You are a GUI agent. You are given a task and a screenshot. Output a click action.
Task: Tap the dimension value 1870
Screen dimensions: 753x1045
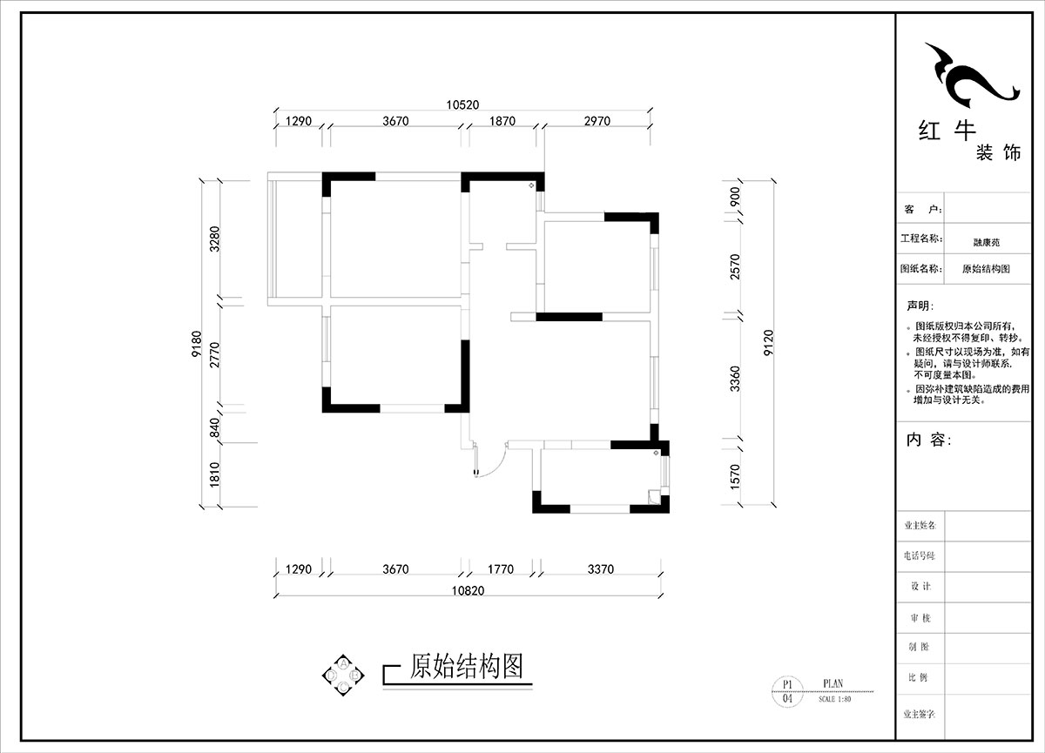(500, 121)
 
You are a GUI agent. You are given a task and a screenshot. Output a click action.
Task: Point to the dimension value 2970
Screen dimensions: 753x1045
(596, 121)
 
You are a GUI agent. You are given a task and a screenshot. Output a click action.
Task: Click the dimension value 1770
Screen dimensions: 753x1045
(500, 570)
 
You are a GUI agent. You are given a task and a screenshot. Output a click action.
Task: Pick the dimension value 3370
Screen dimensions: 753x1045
(600, 570)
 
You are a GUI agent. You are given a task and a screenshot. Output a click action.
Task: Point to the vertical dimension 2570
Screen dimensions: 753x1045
(735, 266)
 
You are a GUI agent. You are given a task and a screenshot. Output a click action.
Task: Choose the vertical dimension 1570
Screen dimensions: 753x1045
(735, 475)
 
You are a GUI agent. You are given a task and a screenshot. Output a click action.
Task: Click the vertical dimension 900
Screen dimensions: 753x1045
(735, 196)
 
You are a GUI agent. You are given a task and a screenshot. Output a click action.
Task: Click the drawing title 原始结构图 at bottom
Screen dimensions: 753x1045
(466, 667)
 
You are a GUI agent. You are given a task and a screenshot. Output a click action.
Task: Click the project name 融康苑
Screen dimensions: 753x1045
(986, 243)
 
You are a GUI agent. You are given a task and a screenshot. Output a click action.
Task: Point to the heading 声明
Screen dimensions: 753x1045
(920, 306)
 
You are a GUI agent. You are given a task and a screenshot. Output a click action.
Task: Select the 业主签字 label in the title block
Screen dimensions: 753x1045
(919, 713)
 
